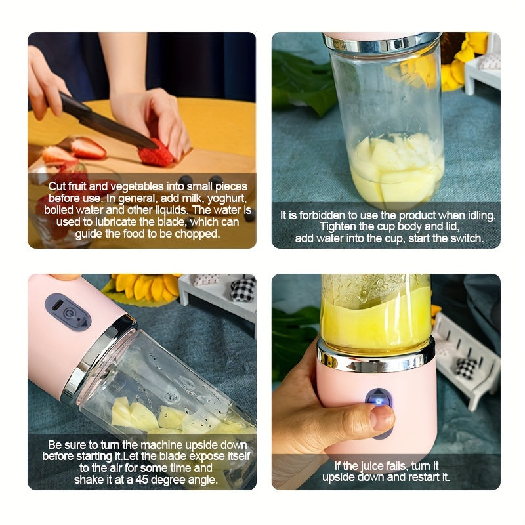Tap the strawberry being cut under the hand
click(x=156, y=154)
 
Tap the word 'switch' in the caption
click(x=467, y=238)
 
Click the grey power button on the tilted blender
click(x=68, y=312)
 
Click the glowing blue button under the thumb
click(x=377, y=398)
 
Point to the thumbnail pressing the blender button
click(x=381, y=417)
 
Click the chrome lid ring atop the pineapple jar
click(x=381, y=43)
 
